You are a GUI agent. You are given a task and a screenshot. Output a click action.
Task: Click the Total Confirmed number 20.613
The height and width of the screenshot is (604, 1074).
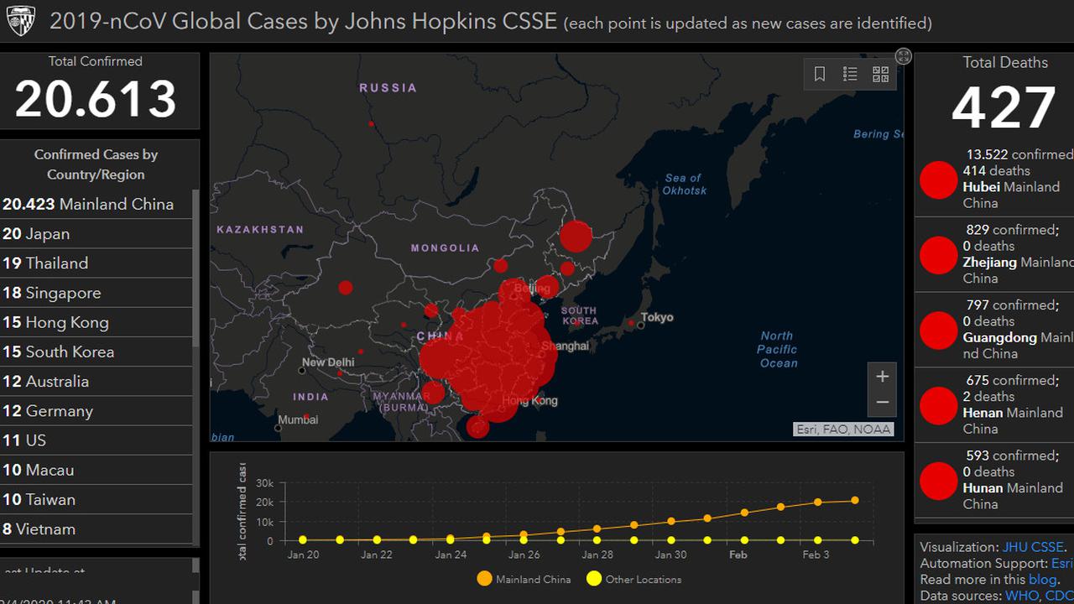point(96,100)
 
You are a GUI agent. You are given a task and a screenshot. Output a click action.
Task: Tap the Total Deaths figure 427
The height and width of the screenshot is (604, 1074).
point(1004,108)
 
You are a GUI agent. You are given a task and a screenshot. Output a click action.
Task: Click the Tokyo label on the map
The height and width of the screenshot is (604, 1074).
point(657,317)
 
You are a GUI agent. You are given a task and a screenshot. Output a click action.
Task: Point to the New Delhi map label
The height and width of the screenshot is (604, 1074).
point(328,362)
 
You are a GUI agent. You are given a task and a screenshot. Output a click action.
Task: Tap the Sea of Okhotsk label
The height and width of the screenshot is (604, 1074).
point(685,184)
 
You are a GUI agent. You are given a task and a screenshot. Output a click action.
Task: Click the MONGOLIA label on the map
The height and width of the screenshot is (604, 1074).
point(445,247)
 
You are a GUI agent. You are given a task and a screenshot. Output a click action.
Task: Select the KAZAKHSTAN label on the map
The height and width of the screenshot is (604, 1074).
point(260,229)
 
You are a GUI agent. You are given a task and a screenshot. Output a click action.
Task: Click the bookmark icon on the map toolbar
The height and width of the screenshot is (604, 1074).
point(820,75)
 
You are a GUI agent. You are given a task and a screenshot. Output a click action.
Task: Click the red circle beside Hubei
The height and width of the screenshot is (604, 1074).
point(938,180)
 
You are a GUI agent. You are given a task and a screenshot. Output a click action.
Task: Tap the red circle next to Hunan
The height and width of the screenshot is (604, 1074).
point(938,481)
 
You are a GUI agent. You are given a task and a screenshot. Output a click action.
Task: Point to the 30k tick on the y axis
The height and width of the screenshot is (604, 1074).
point(264,483)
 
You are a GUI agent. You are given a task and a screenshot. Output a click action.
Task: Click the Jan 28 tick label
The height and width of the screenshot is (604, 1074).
point(597,555)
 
